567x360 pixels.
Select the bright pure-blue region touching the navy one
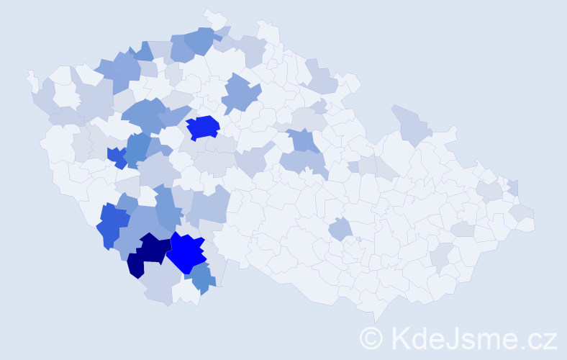(x=187, y=252)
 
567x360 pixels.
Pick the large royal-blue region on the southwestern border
(x=112, y=224)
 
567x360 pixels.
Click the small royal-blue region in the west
(x=117, y=156)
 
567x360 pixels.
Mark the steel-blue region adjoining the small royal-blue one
(x=137, y=148)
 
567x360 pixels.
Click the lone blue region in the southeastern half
(x=340, y=230)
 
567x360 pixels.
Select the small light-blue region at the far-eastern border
(x=513, y=187)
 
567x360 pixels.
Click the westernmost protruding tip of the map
(x=30, y=75)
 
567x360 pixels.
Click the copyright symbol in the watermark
(x=371, y=338)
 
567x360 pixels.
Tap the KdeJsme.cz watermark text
(x=471, y=338)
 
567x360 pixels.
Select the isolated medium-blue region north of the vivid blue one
(x=241, y=94)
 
